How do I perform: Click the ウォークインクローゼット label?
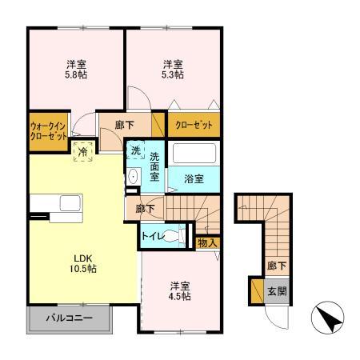tap(47, 131)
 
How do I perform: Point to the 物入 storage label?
tap(206, 242)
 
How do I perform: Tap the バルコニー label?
tap(70, 318)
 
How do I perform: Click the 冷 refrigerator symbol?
tap(82, 150)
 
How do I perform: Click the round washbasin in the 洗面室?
tap(134, 177)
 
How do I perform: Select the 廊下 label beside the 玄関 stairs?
tap(274, 266)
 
